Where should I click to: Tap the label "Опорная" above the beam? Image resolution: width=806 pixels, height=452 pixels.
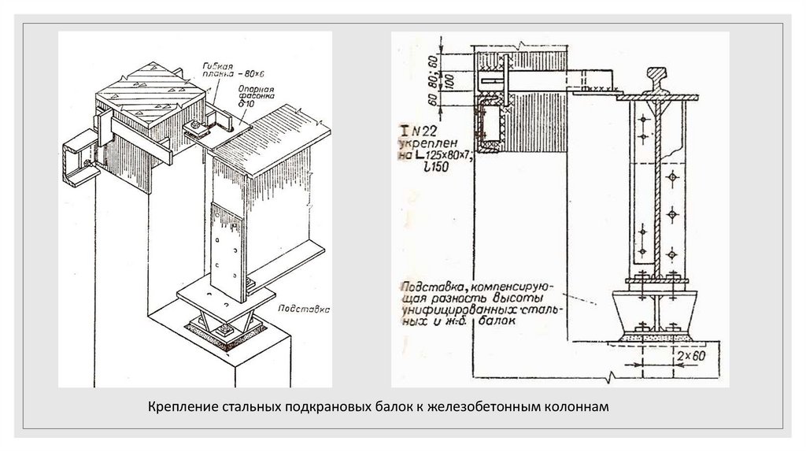pyautogui.click(x=257, y=89)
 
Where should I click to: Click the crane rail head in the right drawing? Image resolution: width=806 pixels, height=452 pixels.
pyautogui.click(x=654, y=80)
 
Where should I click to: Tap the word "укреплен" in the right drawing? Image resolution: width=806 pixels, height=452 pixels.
pyautogui.click(x=426, y=146)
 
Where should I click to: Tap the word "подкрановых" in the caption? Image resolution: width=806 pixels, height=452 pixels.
pyautogui.click(x=311, y=407)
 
